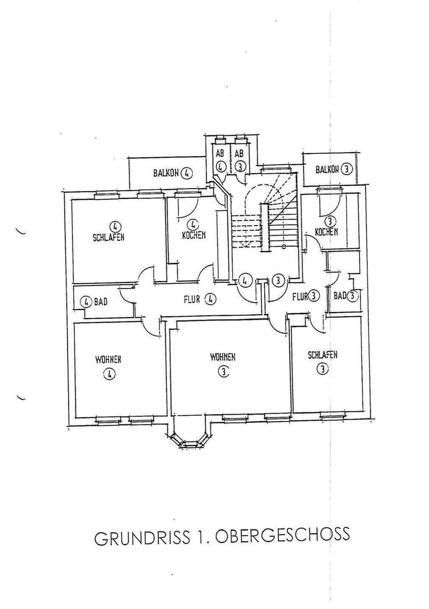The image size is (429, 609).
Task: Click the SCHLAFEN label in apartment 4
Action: pyautogui.click(x=108, y=237)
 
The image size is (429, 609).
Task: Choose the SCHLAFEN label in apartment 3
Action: pyautogui.click(x=323, y=354)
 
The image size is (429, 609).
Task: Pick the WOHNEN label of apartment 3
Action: pyautogui.click(x=223, y=357)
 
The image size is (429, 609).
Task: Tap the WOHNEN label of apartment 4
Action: pyautogui.click(x=108, y=359)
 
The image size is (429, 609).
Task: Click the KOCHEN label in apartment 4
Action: pyautogui.click(x=194, y=235)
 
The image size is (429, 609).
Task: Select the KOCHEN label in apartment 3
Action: pyautogui.click(x=326, y=231)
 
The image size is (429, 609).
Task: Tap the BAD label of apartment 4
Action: pyautogui.click(x=100, y=302)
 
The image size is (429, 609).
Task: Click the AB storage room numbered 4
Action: pyautogui.click(x=220, y=160)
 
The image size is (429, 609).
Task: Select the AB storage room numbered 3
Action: pyautogui.click(x=240, y=160)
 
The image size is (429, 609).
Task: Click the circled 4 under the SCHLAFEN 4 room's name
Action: pyautogui.click(x=113, y=226)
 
